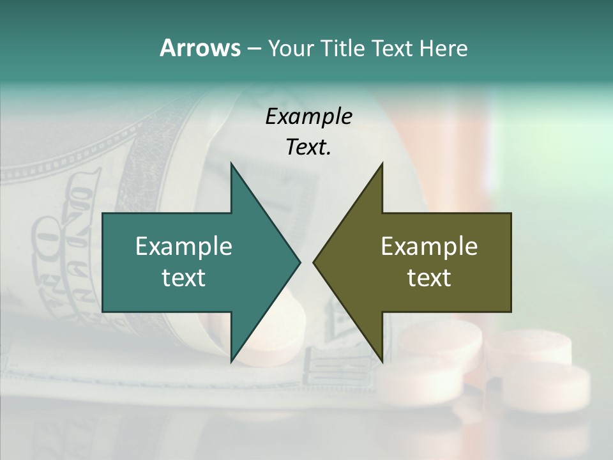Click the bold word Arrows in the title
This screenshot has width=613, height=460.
click(200, 48)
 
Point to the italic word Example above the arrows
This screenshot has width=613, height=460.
click(308, 116)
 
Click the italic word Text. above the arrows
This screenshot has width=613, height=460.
click(308, 147)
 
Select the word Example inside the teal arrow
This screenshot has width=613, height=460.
click(184, 246)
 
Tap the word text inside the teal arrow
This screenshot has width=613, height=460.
click(184, 277)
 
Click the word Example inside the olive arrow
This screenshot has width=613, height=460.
click(429, 246)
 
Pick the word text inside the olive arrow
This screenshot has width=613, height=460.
click(429, 277)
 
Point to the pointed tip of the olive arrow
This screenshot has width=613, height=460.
click(314, 262)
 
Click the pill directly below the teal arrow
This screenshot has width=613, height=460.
click(281, 332)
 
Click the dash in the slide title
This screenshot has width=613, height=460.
click(254, 49)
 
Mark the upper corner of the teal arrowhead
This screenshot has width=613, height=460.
click(231, 164)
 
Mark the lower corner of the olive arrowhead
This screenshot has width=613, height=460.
click(382, 361)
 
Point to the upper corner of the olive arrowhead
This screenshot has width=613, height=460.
click(382, 164)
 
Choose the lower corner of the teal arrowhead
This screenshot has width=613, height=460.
click(231, 361)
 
